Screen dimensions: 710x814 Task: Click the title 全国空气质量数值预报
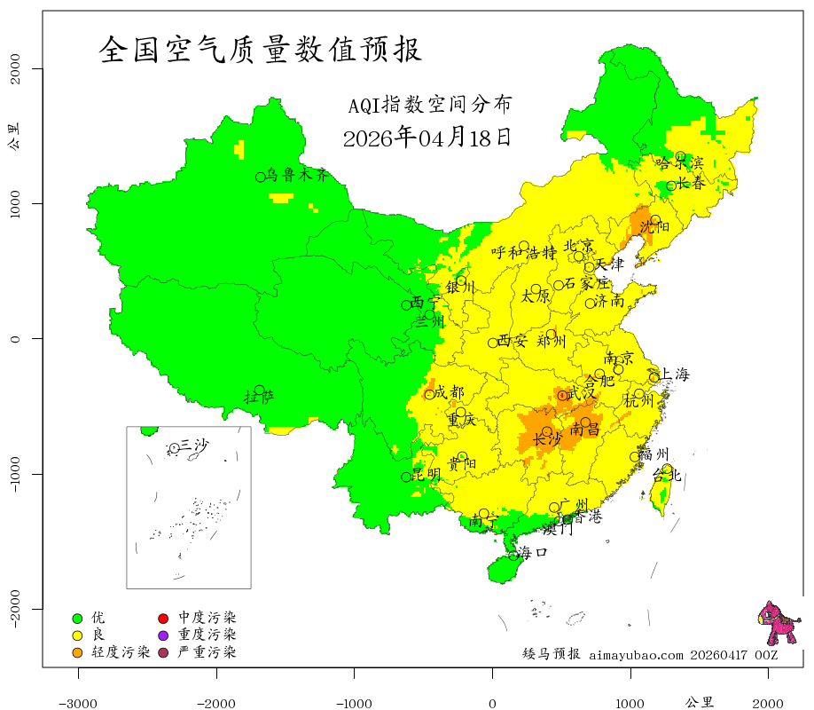(261, 49)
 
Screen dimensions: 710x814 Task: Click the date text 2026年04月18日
(427, 138)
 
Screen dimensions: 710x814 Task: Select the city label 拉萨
(259, 397)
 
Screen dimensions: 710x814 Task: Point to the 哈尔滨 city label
(680, 163)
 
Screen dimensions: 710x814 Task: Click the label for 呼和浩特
(523, 252)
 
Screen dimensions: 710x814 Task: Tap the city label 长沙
(547, 439)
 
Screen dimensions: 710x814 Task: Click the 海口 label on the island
(532, 552)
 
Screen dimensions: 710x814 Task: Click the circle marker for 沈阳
(655, 220)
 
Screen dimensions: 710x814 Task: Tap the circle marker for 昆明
(406, 477)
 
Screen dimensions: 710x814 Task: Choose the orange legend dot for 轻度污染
(77, 653)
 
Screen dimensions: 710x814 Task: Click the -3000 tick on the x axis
(78, 703)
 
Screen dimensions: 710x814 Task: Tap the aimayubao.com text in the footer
(636, 655)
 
